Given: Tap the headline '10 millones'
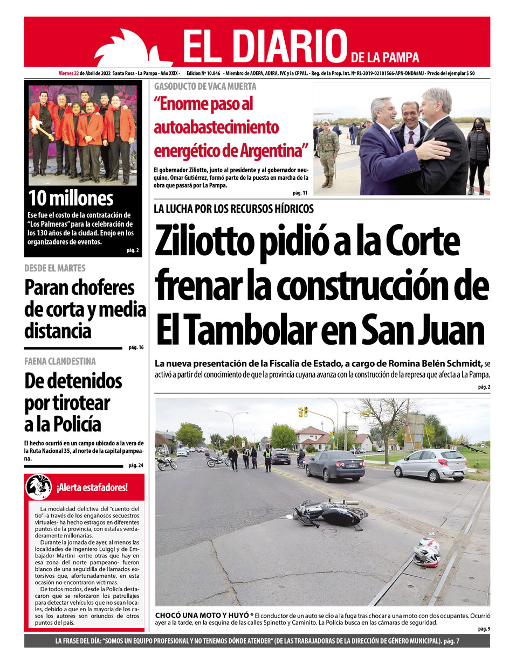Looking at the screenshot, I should click(71, 198).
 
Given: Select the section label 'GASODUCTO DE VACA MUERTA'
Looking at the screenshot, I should click(205, 86).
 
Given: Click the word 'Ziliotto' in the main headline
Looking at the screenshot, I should click(204, 242).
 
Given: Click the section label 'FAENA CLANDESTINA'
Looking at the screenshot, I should click(60, 361).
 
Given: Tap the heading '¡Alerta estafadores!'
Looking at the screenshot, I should click(92, 488).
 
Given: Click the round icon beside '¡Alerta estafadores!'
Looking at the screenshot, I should click(39, 487).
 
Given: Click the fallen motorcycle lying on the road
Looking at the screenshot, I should click(331, 513).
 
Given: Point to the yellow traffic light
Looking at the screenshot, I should click(303, 412).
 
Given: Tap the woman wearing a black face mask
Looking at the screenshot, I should click(477, 153).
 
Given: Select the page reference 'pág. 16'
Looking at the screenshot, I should click(136, 348).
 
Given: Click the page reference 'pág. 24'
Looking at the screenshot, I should click(136, 466).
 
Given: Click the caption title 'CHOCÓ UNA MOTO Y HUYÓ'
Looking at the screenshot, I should click(202, 615).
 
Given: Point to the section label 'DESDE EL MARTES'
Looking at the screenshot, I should click(54, 268).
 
